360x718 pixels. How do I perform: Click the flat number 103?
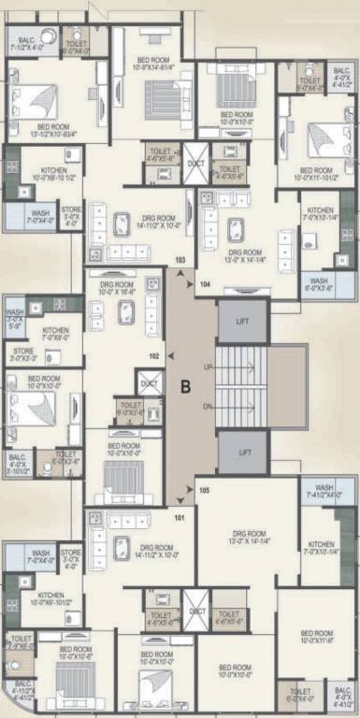tap(180, 259)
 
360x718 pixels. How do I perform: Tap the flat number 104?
tap(205, 281)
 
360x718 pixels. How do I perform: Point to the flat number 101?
tap(180, 516)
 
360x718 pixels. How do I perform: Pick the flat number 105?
tap(205, 490)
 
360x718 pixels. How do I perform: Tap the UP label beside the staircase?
tap(208, 367)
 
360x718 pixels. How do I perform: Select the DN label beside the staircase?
tap(208, 407)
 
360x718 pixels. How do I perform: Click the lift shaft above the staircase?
tap(242, 321)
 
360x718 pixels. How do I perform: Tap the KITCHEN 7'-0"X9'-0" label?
tap(56, 334)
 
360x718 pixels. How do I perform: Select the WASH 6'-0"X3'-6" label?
tap(319, 284)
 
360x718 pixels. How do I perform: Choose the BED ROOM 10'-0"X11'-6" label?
tap(315, 637)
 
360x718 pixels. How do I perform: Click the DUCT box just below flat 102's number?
tap(148, 383)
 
